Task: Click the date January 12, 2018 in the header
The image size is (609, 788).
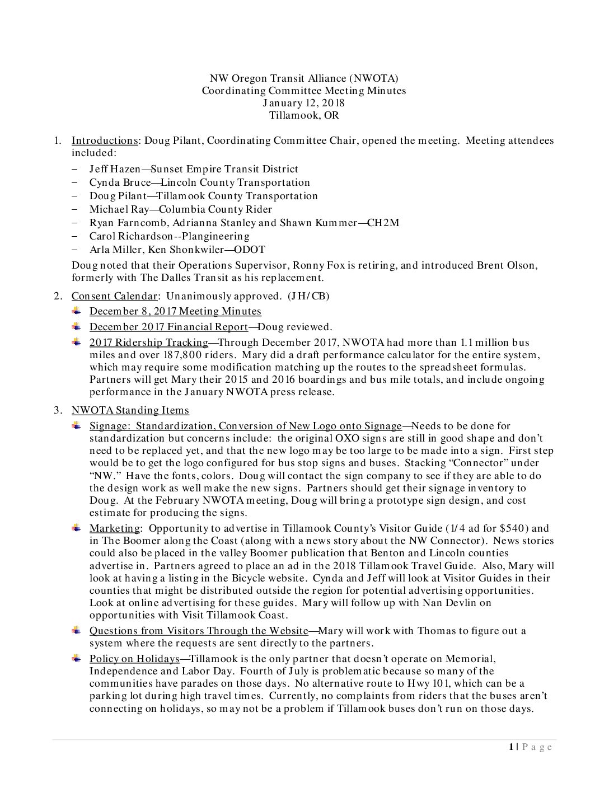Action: tap(303, 103)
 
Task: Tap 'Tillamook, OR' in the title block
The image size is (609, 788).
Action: tap(303, 116)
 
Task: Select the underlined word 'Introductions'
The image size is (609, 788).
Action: tap(105, 140)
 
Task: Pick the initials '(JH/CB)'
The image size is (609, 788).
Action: tap(308, 296)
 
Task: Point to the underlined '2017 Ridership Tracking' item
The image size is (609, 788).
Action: tap(148, 343)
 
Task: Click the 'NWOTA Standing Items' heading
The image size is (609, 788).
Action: tap(130, 410)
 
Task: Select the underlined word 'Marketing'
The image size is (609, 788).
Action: tap(115, 528)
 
